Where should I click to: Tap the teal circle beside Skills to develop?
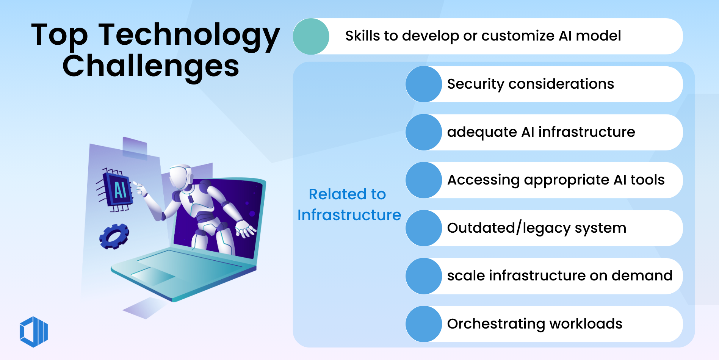(x=311, y=36)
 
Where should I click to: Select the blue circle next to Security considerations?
(x=424, y=84)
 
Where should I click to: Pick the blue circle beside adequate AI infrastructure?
(x=424, y=132)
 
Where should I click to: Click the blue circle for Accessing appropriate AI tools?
(x=424, y=180)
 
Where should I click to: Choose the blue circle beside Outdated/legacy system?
(x=424, y=228)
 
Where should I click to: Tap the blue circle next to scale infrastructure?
(x=424, y=276)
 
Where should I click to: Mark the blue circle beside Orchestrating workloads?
(x=424, y=324)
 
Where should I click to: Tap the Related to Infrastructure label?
(x=349, y=205)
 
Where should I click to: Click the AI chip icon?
(x=118, y=190)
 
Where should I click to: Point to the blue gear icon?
(x=114, y=236)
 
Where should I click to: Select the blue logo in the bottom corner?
(x=34, y=332)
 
